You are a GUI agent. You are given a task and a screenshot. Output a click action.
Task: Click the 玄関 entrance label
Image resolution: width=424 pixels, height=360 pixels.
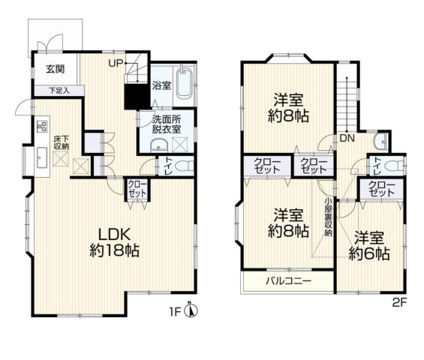(54, 69)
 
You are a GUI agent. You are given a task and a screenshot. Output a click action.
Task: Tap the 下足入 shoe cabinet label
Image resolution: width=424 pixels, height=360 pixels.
(59, 91)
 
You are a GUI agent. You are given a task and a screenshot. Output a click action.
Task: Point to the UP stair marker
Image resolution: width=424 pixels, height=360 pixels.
(116, 63)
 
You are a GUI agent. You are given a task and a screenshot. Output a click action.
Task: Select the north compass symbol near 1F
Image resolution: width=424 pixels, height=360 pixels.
(193, 308)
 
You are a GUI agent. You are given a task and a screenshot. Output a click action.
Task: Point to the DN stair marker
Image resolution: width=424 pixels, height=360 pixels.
(347, 139)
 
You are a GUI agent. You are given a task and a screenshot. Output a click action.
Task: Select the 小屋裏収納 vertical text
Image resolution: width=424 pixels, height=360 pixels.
(328, 217)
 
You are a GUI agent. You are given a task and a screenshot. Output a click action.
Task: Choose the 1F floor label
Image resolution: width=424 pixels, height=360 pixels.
(176, 308)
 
